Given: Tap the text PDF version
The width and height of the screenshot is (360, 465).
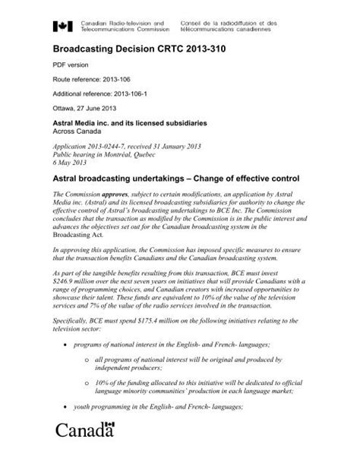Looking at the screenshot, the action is [x=71, y=66].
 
